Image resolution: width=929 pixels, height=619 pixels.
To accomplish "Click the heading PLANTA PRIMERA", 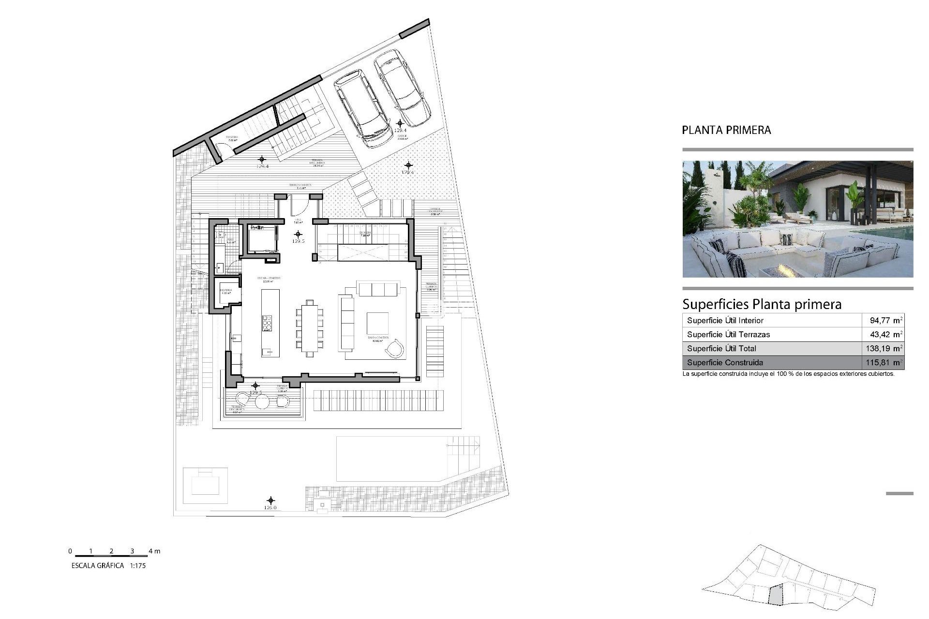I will coord(726,130).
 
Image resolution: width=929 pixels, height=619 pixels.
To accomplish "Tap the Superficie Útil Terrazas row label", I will coord(728,334).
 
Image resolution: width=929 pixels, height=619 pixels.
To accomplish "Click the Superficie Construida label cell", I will coord(725,362).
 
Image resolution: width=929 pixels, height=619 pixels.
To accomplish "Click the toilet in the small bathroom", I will coord(221,236).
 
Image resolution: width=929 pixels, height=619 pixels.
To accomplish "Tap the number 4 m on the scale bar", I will coord(154,551).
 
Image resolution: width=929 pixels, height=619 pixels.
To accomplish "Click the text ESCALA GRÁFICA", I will coord(98,565).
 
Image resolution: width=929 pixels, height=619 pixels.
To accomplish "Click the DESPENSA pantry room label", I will coord(225,290).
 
